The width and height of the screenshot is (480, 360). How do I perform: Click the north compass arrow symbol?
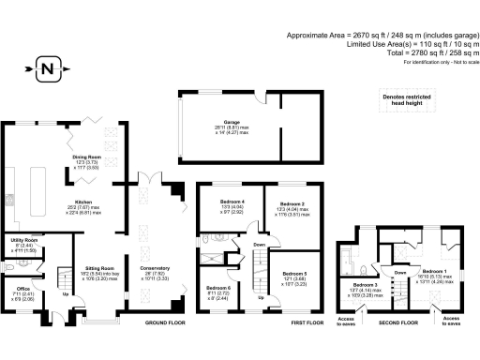click(47, 67)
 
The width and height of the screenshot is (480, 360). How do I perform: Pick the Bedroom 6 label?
click(218, 287)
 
